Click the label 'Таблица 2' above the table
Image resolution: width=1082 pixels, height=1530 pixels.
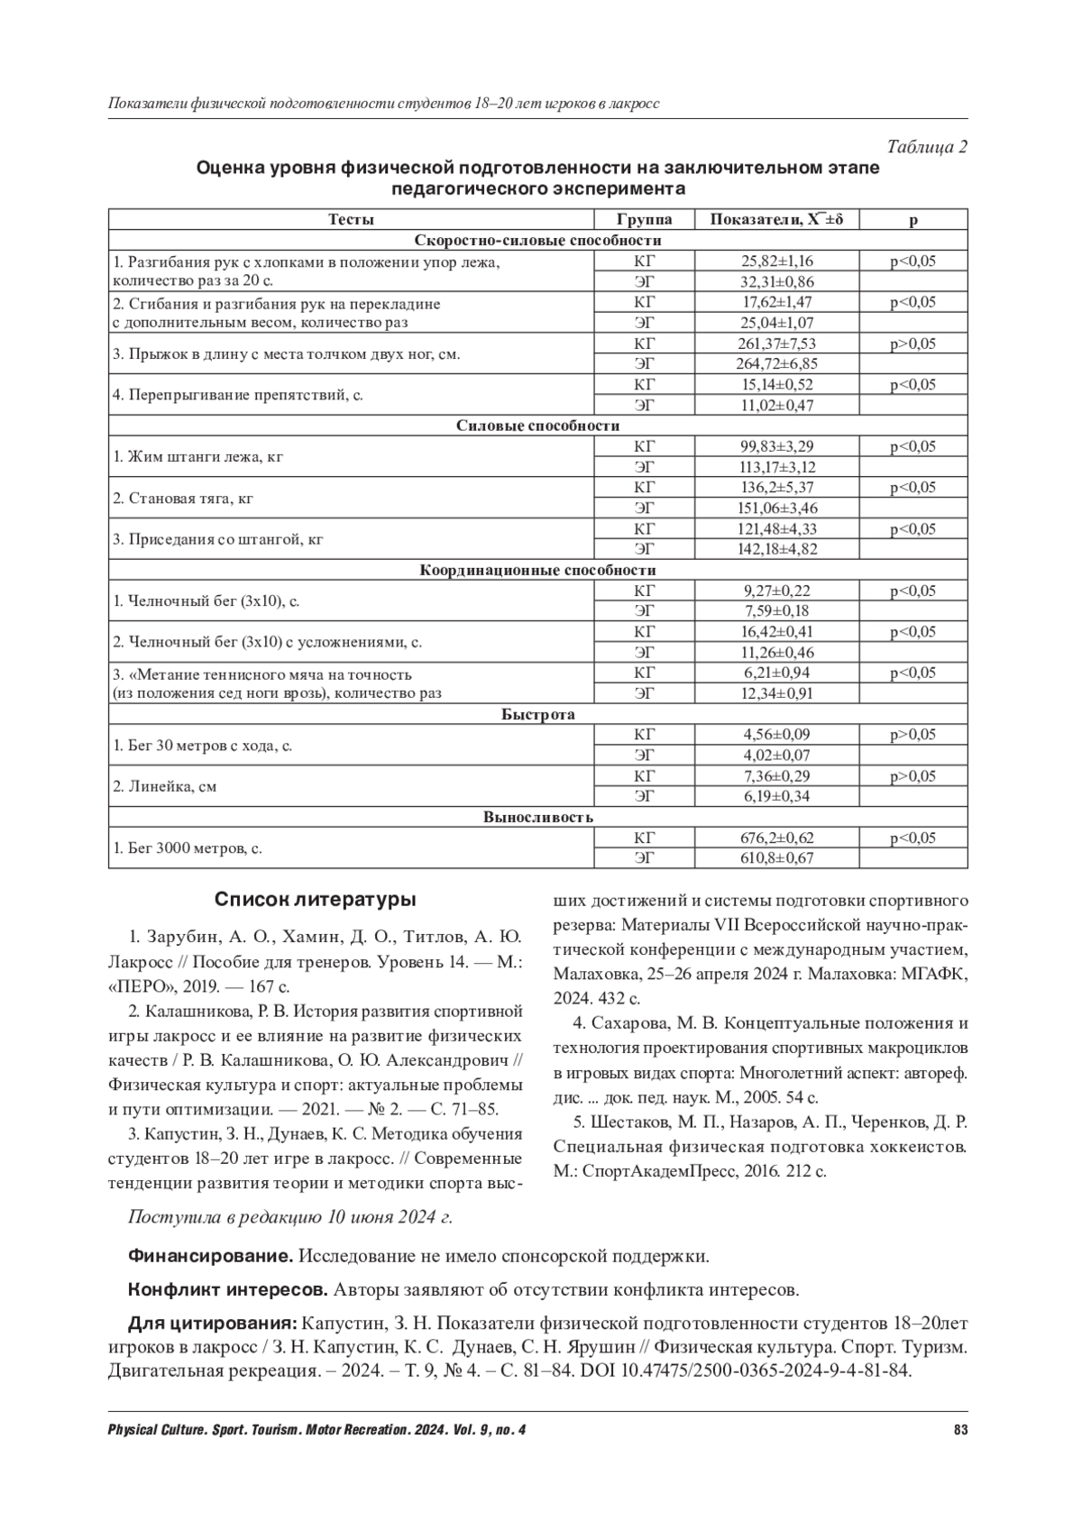click(x=927, y=148)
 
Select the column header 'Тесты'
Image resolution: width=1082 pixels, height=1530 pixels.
click(x=351, y=220)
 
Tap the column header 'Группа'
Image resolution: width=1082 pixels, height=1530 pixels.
click(x=644, y=220)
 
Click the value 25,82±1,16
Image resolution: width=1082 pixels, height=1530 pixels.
click(x=776, y=261)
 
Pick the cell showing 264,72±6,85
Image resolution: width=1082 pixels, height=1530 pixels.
click(x=776, y=364)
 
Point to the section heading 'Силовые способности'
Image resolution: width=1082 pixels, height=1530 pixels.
click(x=537, y=426)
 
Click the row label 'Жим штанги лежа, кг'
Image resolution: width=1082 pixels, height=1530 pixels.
click(x=197, y=457)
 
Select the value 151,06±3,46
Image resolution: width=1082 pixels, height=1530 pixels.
click(x=776, y=508)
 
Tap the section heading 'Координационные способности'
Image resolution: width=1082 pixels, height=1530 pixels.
click(x=537, y=570)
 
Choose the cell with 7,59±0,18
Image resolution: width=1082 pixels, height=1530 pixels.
click(x=776, y=611)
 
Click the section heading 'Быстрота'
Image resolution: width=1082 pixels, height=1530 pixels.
click(x=537, y=714)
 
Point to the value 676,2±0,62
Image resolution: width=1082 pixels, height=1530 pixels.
click(x=776, y=838)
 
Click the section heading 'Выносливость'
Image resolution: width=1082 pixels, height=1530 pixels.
click(x=537, y=817)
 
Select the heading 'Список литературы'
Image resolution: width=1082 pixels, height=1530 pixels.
click(x=315, y=900)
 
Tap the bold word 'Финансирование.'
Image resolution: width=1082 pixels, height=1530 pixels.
click(x=210, y=1256)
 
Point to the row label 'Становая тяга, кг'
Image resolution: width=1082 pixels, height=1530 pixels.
click(x=183, y=498)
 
